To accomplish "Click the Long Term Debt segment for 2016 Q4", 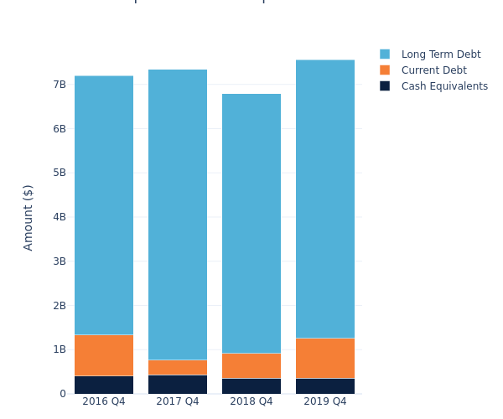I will click(104, 205).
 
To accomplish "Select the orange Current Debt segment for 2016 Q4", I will click(104, 355).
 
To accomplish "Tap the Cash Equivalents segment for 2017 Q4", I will click(178, 384).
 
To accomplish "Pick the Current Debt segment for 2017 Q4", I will click(178, 367).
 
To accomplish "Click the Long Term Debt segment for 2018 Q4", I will click(251, 223).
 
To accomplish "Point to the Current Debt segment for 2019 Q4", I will click(325, 358).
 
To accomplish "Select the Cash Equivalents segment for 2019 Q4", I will click(325, 385).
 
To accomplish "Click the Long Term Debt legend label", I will click(441, 54).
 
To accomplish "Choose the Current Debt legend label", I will click(433, 70).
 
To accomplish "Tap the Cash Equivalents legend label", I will click(444, 86).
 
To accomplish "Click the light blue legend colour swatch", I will click(385, 54).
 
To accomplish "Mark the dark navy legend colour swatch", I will click(385, 86).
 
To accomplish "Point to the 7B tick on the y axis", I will click(60, 85).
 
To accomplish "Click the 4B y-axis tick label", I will click(60, 217).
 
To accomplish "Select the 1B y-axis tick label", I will click(60, 349).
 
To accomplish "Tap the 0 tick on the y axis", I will click(62, 394).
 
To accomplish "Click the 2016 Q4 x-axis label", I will click(104, 401).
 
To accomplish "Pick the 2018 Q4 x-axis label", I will click(251, 401).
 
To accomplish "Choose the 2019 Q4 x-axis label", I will click(325, 401).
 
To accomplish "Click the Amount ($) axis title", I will click(29, 217).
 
